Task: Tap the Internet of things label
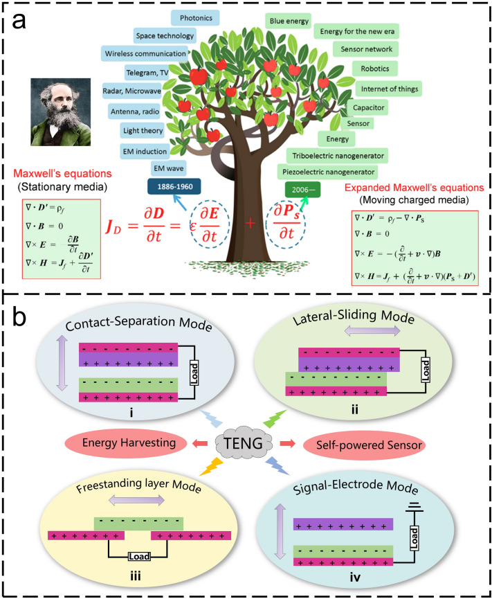coord(388,89)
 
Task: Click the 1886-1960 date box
coord(174,187)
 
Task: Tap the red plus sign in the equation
coord(250,225)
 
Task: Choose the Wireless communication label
coord(145,53)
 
